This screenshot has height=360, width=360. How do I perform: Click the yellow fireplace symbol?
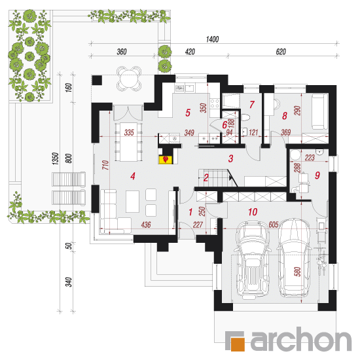166,160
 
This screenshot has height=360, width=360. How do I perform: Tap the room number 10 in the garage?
253,212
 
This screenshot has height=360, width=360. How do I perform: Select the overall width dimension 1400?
212,39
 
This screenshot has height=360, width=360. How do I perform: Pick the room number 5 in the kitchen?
188,113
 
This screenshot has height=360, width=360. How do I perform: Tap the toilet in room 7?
245,117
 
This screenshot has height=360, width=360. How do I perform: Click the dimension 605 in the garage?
274,225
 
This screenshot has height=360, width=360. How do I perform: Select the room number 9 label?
317,175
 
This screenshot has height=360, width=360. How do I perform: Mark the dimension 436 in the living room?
146,225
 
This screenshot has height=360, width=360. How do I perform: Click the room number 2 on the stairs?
206,177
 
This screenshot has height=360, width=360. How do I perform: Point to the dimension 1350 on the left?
56,158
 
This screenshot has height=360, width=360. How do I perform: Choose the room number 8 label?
285,116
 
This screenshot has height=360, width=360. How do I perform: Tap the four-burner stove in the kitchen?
215,103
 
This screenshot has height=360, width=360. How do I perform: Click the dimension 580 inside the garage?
297,272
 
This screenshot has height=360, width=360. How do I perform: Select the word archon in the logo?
301,339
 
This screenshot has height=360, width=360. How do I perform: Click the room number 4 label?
133,176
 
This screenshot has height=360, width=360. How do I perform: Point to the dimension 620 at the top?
281,52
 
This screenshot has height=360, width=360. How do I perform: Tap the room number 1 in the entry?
190,212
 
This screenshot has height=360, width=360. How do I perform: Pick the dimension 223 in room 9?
310,158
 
